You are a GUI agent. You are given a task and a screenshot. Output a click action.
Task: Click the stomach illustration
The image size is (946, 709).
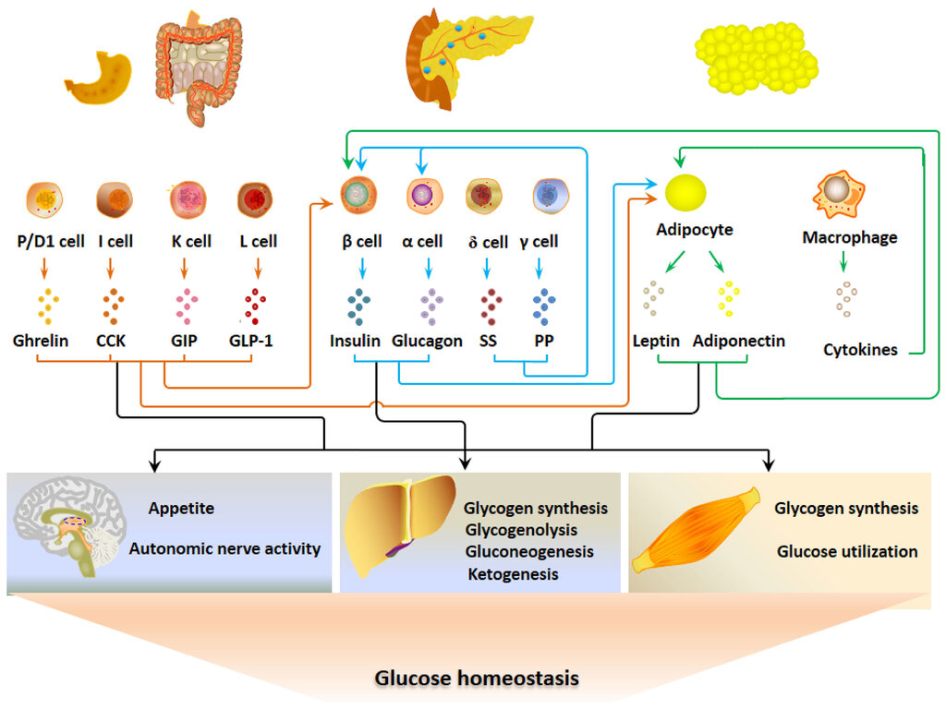point(100,78)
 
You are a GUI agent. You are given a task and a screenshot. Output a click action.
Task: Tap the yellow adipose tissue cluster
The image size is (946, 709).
point(756,58)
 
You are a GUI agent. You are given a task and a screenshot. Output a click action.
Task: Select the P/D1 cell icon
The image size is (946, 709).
point(44,199)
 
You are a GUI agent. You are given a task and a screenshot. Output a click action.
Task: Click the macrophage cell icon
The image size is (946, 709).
point(839,194)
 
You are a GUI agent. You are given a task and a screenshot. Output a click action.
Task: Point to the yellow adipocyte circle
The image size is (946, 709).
point(685,193)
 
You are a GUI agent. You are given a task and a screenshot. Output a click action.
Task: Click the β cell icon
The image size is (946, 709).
point(358,196)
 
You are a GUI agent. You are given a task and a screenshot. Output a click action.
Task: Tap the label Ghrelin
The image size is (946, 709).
point(41,341)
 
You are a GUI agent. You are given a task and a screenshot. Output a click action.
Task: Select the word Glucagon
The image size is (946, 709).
point(427,342)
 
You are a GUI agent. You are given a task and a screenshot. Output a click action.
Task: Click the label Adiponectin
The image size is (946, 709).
point(738,342)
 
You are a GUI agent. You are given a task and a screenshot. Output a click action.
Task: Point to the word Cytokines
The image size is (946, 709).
point(860,350)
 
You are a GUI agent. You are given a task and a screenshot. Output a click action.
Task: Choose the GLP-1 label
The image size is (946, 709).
point(251,342)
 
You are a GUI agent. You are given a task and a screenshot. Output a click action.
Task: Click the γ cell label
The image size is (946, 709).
point(539,242)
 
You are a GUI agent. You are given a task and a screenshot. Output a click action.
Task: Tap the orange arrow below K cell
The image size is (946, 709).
point(185,269)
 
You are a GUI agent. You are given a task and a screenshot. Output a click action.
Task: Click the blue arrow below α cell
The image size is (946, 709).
point(429,269)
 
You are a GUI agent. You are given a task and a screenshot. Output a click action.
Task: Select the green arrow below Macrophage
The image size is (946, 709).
point(843,261)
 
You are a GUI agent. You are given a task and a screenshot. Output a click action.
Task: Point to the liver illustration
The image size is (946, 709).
point(399,523)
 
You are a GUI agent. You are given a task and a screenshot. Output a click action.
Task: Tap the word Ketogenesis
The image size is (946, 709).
point(513,574)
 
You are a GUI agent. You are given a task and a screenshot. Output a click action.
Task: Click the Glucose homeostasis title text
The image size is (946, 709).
point(477,679)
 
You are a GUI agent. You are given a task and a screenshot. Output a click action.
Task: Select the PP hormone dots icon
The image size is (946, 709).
point(544,306)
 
